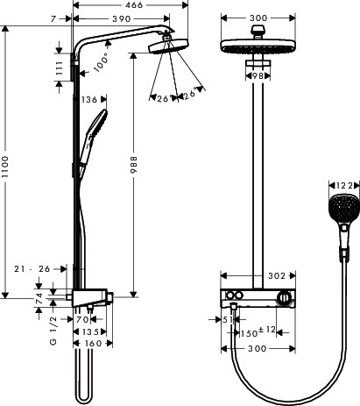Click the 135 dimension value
tap(92, 332)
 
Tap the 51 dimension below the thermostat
tap(226, 321)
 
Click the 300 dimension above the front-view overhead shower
tap(258, 18)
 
